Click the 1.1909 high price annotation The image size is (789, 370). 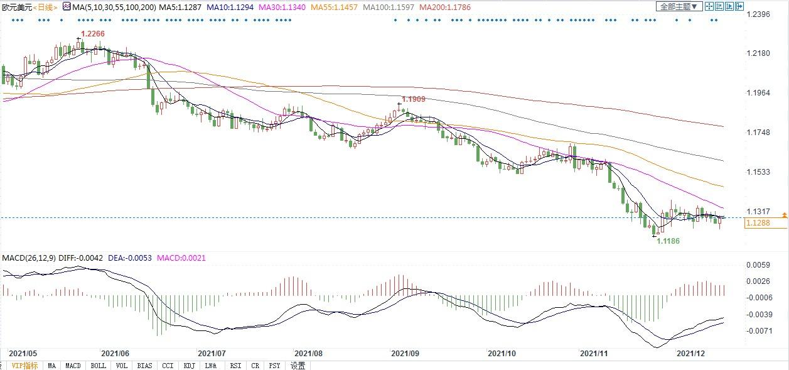pyautogui.click(x=414, y=99)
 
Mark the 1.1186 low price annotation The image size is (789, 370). pyautogui.click(x=668, y=242)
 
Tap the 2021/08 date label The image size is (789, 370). pyautogui.click(x=308, y=354)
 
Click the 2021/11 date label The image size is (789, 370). pyautogui.click(x=594, y=354)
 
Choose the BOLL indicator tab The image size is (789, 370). pyautogui.click(x=98, y=366)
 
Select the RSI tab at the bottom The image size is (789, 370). pyautogui.click(x=235, y=366)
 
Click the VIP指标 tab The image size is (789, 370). pyautogui.click(x=25, y=366)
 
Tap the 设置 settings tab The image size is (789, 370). pyautogui.click(x=298, y=366)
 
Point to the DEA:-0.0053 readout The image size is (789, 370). pyautogui.click(x=131, y=258)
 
